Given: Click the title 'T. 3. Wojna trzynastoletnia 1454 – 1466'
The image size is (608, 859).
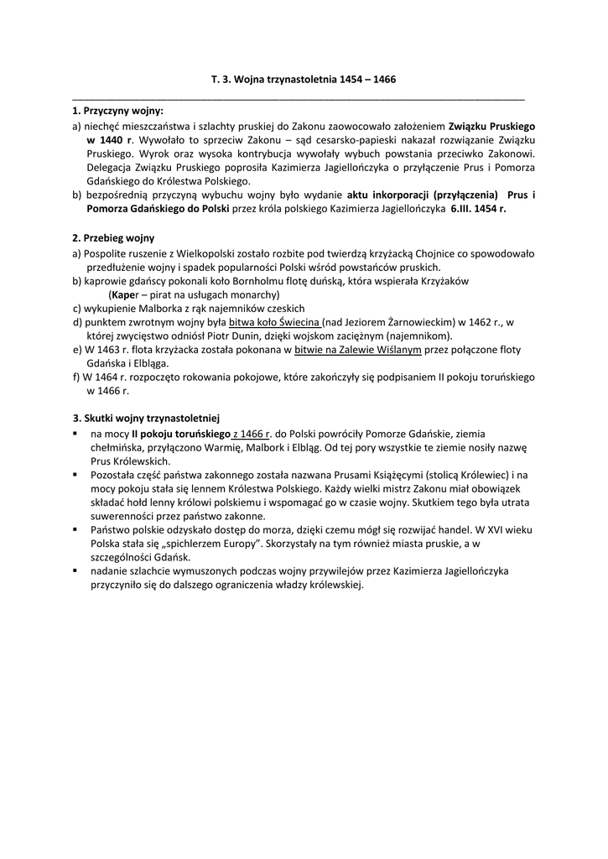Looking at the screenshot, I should [x=303, y=80].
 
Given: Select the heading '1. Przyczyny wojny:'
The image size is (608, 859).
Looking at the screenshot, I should [x=118, y=111].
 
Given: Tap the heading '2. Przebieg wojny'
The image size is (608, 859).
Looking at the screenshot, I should [x=113, y=238].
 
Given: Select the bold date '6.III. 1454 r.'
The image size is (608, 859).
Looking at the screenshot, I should [x=478, y=209].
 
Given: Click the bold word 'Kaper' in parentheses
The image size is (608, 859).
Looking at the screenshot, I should [x=124, y=295].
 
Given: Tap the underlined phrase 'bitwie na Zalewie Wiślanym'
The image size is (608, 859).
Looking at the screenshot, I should [x=352, y=350].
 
